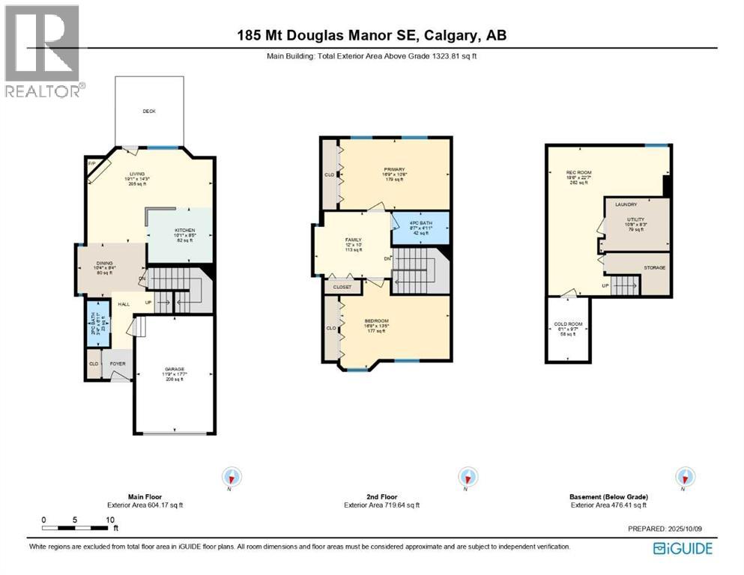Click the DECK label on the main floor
pyautogui.click(x=148, y=111)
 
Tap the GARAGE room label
pyautogui.click(x=175, y=369)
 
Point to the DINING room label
pyautogui.click(x=103, y=263)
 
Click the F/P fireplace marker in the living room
pyautogui.click(x=92, y=163)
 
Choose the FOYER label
pyautogui.click(x=118, y=365)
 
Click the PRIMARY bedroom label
pyautogui.click(x=394, y=169)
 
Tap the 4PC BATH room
pyautogui.click(x=420, y=222)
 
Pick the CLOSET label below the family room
pyautogui.click(x=342, y=286)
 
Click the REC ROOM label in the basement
pyautogui.click(x=578, y=173)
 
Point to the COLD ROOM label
pyautogui.click(x=568, y=324)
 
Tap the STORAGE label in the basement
pyautogui.click(x=654, y=267)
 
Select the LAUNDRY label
pyautogui.click(x=626, y=204)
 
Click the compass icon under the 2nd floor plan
pyautogui.click(x=468, y=476)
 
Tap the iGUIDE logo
pyautogui.click(x=683, y=549)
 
